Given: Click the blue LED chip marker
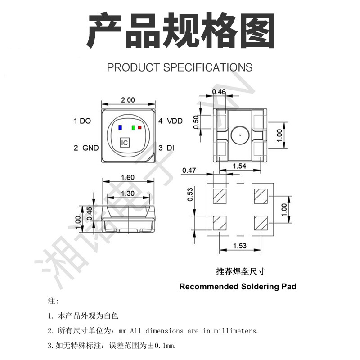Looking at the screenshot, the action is click(120, 127).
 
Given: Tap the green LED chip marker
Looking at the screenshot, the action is click(133, 127).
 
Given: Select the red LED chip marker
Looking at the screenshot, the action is click(139, 127).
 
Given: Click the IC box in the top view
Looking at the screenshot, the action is click(125, 143).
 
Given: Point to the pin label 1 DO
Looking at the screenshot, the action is click(82, 121).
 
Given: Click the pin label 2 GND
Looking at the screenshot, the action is click(86, 148).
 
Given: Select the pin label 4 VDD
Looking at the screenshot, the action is click(171, 121).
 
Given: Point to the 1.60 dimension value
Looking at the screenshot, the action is click(129, 177).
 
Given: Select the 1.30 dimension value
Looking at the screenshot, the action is click(129, 193).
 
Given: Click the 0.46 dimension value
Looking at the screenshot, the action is click(219, 92).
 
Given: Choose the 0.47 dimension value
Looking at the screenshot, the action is click(189, 170).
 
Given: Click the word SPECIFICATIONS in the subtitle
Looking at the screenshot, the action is click(207, 67).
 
